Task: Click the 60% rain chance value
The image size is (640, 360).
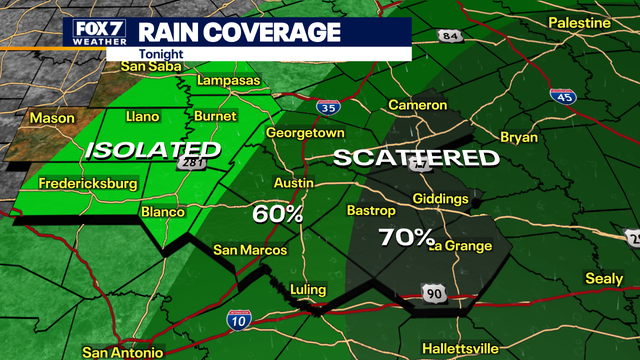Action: point(277,213)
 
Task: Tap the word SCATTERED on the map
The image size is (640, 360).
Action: point(415,158)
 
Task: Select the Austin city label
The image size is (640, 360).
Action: point(295,183)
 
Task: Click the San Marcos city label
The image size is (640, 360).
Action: point(251,250)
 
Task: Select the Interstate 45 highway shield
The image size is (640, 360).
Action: point(562,97)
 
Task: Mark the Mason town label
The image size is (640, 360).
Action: point(52,118)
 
